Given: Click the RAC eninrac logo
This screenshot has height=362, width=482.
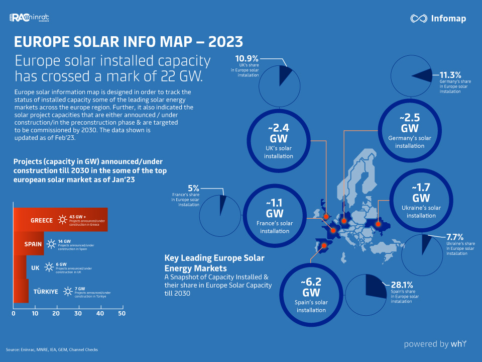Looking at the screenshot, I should [29, 19].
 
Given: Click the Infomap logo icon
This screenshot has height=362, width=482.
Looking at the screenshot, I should [418, 19].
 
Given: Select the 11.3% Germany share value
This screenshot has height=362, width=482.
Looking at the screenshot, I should [450, 75].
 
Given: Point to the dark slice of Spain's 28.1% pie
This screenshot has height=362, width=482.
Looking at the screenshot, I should [374, 284].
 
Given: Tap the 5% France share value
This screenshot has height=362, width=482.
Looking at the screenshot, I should [192, 189].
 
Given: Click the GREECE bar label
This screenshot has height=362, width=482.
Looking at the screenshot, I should [42, 220].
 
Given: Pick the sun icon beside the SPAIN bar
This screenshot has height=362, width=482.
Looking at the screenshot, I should [51, 244].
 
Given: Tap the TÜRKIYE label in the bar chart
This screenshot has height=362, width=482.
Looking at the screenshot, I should [46, 292].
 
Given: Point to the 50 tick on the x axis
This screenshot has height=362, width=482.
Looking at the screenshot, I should [122, 313].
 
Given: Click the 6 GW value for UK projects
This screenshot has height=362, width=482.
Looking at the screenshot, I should [62, 264].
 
